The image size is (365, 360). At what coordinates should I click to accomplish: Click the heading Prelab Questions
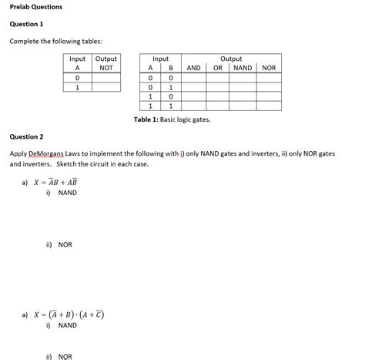click(x=36, y=7)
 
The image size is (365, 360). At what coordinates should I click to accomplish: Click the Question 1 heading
click(x=26, y=24)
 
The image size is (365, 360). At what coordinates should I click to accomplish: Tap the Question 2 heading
click(x=26, y=136)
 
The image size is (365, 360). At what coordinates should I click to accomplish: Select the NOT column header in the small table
click(x=105, y=68)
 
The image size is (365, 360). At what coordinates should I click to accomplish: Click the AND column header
click(x=193, y=68)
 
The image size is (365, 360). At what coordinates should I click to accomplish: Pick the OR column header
click(x=218, y=68)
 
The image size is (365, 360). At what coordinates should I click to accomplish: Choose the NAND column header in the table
click(x=243, y=68)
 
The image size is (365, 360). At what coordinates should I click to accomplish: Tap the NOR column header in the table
click(x=269, y=68)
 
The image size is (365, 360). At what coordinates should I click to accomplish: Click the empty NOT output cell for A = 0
click(x=105, y=78)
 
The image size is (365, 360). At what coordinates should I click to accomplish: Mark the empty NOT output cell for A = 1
click(x=105, y=88)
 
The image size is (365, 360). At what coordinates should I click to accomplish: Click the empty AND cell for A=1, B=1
click(x=193, y=106)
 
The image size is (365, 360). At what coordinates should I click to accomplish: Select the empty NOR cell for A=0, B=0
click(x=269, y=78)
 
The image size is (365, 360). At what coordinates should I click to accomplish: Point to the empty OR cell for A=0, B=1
click(x=218, y=87)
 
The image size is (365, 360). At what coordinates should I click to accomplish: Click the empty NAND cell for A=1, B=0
click(x=243, y=97)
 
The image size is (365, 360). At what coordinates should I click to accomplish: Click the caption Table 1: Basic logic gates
click(x=172, y=119)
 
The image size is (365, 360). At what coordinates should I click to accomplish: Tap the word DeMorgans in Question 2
click(x=47, y=154)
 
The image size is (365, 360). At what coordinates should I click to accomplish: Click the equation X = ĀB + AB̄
click(x=55, y=183)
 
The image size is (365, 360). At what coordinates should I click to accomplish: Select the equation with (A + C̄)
click(x=69, y=315)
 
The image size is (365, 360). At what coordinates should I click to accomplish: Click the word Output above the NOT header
click(x=105, y=59)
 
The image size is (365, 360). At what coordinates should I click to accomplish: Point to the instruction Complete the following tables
click(x=55, y=41)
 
